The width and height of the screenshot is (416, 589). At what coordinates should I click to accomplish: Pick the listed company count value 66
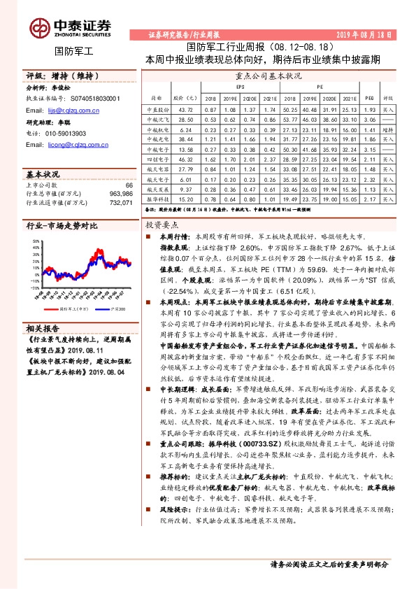pos(128,185)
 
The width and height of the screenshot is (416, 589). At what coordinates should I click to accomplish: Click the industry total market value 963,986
pos(120,194)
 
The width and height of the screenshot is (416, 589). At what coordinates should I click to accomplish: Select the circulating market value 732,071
pos(120,203)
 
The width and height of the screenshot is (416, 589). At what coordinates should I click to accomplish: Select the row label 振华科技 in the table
pos(157,199)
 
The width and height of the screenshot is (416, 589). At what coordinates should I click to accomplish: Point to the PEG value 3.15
pos(369,150)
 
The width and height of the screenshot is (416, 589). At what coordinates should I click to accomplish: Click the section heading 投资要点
pos(162,226)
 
